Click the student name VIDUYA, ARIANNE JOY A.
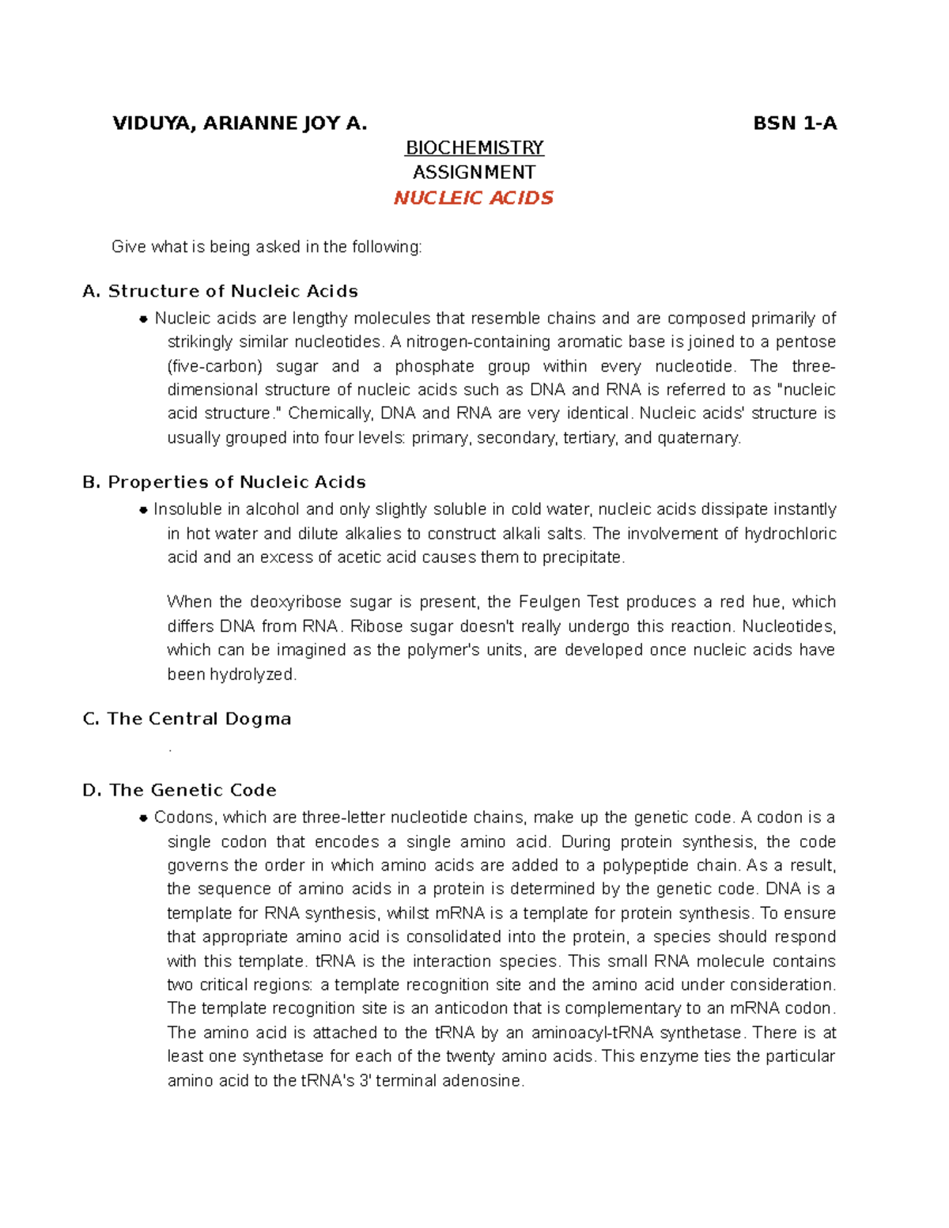[240, 123]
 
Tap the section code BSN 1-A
[794, 123]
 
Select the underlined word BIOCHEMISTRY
[474, 148]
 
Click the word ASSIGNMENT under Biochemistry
[474, 172]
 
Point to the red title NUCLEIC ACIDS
[474, 198]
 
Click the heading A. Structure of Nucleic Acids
[220, 291]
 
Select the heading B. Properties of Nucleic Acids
[224, 482]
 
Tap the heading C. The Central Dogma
[187, 719]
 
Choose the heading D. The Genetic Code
[180, 790]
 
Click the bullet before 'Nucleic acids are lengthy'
[143, 319]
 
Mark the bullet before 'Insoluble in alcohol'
[143, 510]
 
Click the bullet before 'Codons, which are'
[143, 818]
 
